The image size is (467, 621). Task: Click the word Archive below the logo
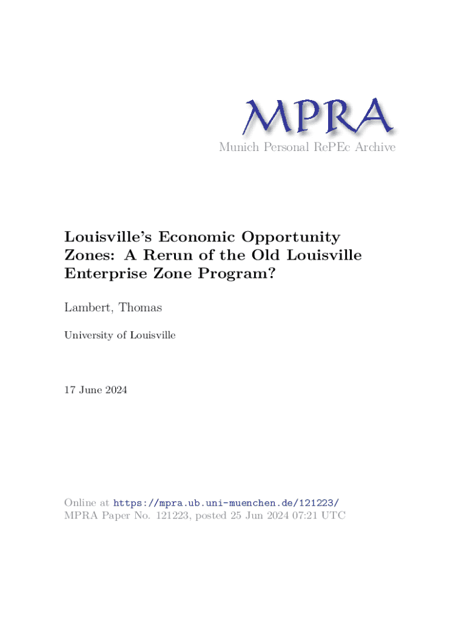point(376,147)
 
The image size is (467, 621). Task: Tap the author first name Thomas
point(141,308)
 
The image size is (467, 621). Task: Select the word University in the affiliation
point(89,334)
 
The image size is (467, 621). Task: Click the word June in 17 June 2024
point(90,391)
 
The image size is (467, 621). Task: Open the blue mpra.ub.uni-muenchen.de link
point(226,503)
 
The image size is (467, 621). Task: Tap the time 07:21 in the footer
point(306,515)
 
